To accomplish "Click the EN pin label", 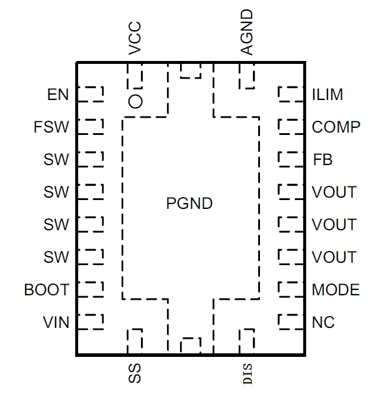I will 58,95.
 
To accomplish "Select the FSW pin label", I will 52,127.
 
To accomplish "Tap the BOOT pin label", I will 47,290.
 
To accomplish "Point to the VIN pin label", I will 56,323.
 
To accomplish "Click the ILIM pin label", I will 327,95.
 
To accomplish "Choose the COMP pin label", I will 336,127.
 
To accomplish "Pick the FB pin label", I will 322,160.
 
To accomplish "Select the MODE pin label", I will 335,290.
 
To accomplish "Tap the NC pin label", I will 323,323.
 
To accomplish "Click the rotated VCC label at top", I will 135,39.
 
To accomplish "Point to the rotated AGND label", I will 247,33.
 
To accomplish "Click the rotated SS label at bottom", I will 135,373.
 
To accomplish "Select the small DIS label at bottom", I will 248,375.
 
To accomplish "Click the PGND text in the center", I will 189,204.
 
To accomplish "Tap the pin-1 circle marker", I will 136,101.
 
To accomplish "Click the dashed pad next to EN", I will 90,95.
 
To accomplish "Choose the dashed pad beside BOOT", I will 90,289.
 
